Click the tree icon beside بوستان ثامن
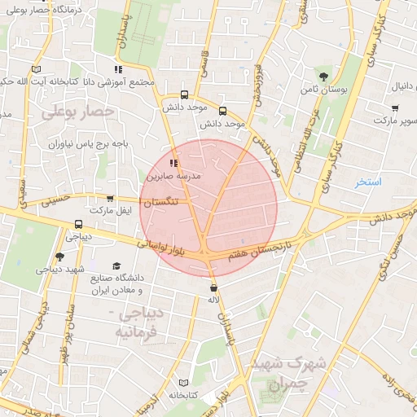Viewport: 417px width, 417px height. (324, 76)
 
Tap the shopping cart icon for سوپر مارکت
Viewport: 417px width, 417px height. (395, 108)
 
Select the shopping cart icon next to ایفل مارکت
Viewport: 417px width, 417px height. (110, 198)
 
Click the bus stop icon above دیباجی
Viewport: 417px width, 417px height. (78, 224)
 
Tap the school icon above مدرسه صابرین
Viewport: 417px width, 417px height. (173, 163)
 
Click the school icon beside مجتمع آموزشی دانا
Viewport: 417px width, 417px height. (118, 69)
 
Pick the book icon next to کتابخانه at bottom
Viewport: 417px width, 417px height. (182, 383)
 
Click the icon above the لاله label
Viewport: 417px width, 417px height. (213, 287)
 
